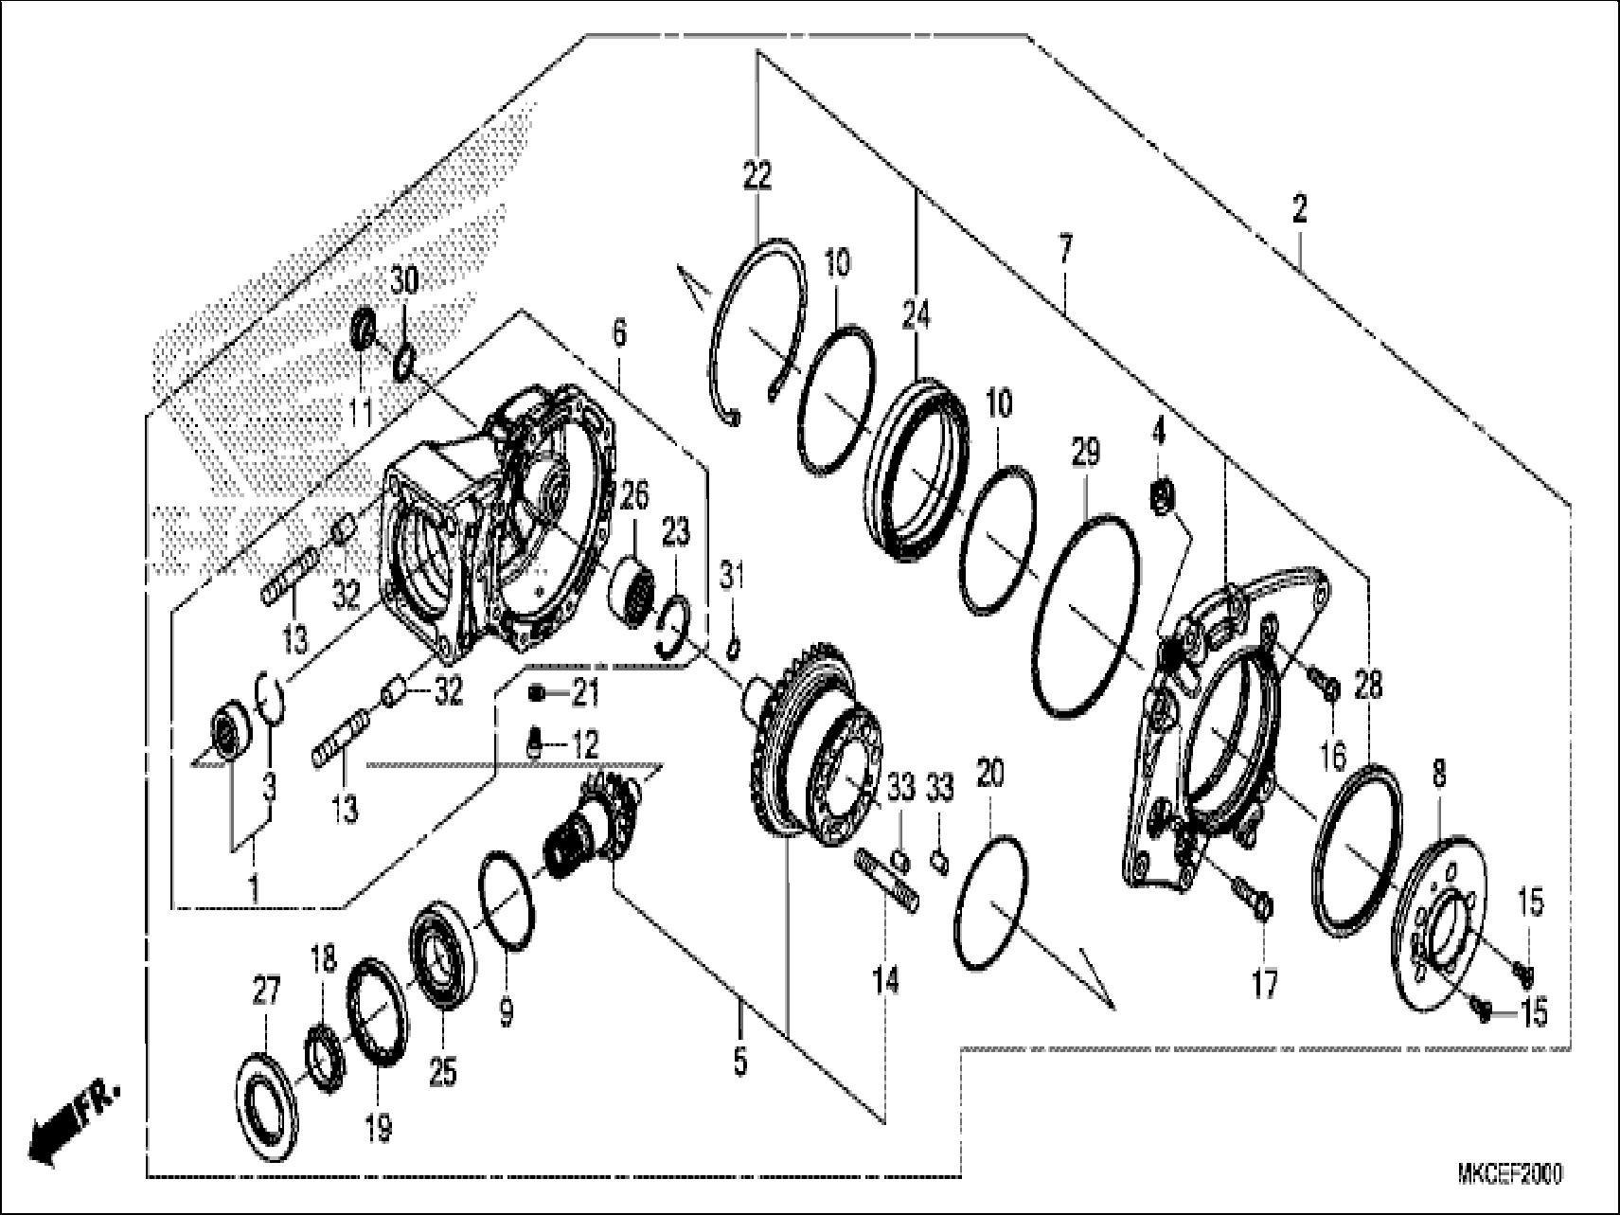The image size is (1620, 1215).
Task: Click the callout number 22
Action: pos(757,176)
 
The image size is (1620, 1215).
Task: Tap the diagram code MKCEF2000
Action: pos(1509,1174)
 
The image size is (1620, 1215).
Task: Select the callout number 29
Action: pos(1085,453)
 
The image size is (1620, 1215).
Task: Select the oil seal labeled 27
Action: pos(265,1102)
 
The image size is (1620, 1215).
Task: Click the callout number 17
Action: pos(1265,985)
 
